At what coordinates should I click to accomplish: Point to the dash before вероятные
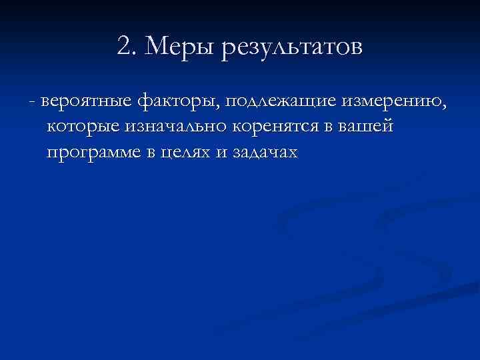32,101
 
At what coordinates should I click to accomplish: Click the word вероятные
85,101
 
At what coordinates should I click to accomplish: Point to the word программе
93,153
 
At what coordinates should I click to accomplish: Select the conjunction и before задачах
221,153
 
